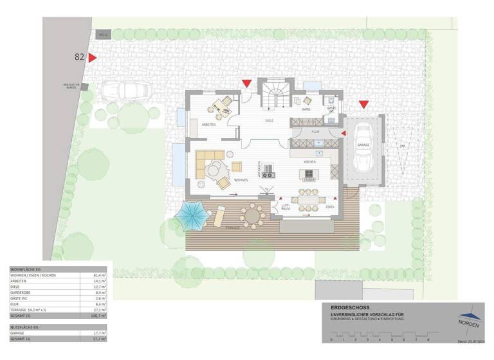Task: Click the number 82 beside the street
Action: tap(80, 57)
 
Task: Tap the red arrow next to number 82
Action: tap(93, 58)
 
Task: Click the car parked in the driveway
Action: tap(125, 91)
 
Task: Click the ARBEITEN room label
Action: tap(208, 124)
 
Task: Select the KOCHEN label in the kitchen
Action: tap(309, 162)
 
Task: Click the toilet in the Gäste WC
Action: tap(329, 101)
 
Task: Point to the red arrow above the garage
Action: tap(363, 104)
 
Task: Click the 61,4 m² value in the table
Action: tap(99, 274)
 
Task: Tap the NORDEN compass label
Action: tap(467, 325)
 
